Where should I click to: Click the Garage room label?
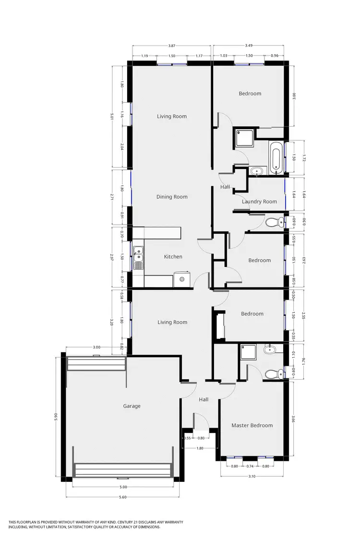point(132,406)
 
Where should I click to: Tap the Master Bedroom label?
point(252,425)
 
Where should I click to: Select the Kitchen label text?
point(173,257)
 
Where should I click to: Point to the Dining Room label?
point(171,197)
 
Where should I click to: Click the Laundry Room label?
point(259,202)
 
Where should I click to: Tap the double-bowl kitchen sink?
point(138,258)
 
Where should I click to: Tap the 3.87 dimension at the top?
point(172,46)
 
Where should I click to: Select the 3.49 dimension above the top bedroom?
point(249,46)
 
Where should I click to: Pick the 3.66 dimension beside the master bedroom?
point(294,419)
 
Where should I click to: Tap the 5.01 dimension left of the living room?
point(111,116)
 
